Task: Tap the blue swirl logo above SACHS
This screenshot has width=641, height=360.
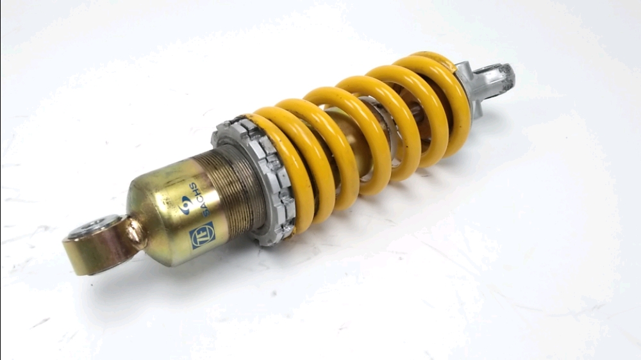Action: pyautogui.click(x=184, y=204)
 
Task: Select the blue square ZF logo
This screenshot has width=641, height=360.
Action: pyautogui.click(x=202, y=235)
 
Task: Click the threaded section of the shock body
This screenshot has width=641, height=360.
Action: pyautogui.click(x=229, y=190)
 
